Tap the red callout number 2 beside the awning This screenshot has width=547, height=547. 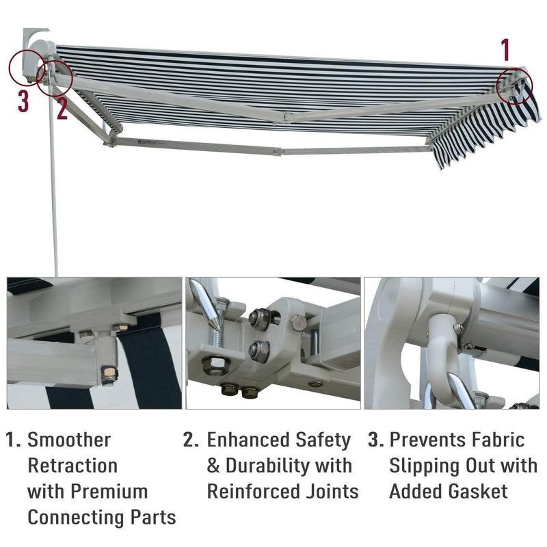62,108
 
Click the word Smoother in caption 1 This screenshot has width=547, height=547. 68,440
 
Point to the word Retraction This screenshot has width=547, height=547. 72,466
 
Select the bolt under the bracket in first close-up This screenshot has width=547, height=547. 108,375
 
